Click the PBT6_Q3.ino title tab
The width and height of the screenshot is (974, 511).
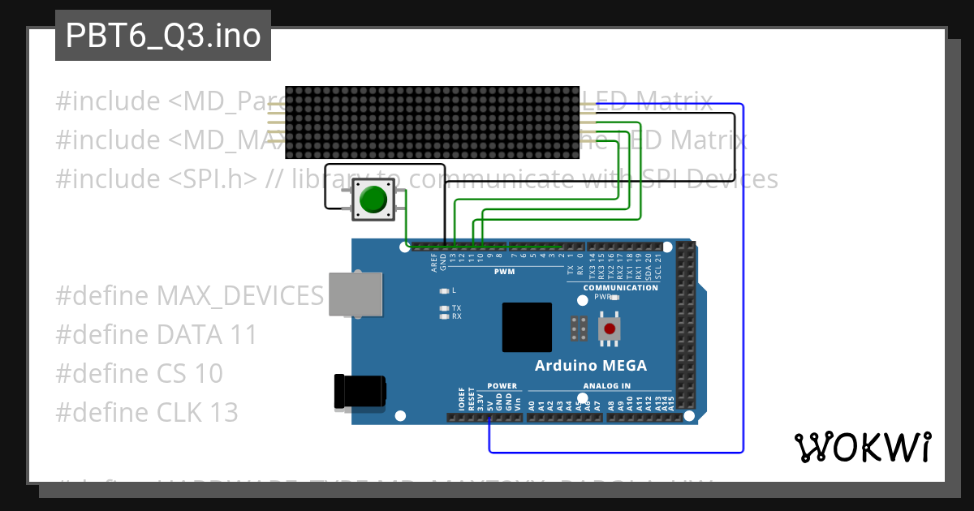click(162, 36)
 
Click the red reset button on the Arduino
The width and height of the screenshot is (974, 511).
click(610, 328)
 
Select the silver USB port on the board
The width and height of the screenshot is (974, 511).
click(356, 294)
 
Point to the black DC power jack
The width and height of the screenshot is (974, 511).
click(357, 391)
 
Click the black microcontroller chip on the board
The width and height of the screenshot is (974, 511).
click(527, 327)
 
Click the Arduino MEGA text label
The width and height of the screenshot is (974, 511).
click(590, 366)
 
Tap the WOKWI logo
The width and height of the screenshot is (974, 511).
click(862, 447)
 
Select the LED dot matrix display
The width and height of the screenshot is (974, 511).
click(432, 122)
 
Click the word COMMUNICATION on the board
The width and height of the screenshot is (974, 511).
click(621, 288)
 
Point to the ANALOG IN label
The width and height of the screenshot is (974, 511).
click(606, 386)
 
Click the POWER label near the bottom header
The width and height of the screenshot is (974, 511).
click(502, 386)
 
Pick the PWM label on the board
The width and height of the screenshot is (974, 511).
click(504, 272)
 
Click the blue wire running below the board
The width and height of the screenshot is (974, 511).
click(617, 451)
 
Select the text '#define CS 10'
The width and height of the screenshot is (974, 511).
click(139, 373)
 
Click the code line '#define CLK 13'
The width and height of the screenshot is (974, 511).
click(147, 413)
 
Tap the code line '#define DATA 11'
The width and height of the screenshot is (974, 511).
click(156, 334)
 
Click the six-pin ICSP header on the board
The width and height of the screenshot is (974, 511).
click(580, 328)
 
